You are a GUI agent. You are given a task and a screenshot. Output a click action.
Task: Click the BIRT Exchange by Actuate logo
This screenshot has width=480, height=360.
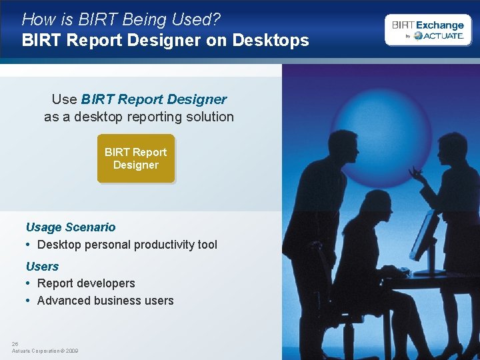427,30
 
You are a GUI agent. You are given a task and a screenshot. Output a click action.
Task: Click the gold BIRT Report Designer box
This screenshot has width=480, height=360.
135,159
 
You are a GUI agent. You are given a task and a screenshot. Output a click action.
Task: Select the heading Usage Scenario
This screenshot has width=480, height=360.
71,227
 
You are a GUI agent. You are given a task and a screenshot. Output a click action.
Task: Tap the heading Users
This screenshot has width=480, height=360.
42,266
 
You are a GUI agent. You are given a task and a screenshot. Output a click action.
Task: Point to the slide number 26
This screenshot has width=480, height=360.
15,344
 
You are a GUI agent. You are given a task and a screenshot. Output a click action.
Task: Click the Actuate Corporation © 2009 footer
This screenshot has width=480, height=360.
45,351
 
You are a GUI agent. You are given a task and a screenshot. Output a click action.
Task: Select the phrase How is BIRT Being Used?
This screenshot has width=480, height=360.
121,19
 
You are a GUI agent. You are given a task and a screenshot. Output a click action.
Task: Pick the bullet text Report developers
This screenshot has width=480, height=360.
86,283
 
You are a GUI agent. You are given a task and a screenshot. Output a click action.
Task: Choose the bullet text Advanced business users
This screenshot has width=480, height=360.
105,301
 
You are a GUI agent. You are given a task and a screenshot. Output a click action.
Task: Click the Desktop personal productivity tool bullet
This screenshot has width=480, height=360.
127,245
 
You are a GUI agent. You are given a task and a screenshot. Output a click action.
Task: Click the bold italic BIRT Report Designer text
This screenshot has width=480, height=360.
154,99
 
